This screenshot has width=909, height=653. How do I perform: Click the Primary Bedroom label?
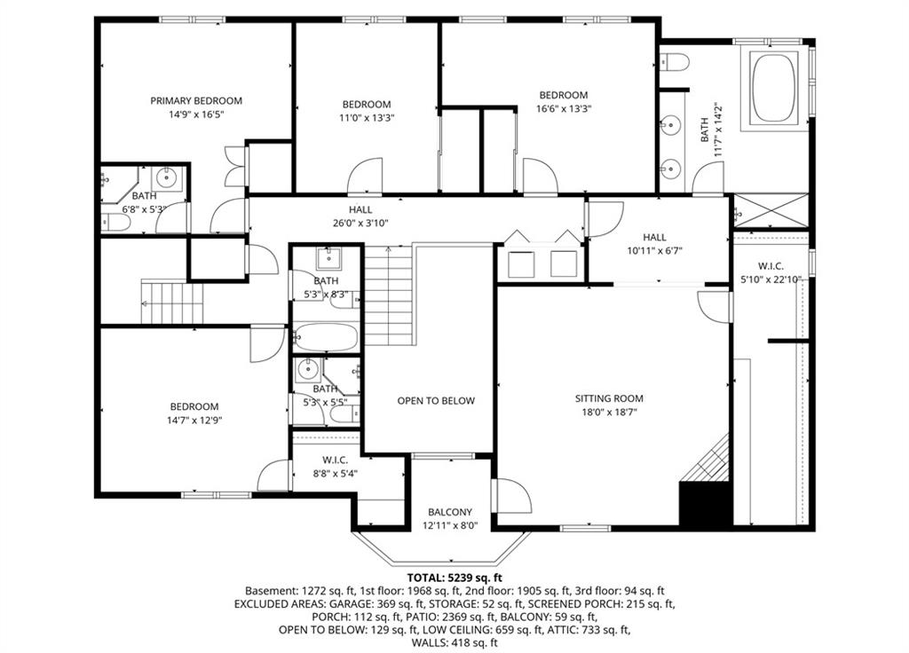pos(196,101)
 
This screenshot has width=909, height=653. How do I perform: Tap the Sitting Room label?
pos(609,398)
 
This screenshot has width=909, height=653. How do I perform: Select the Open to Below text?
pos(436,401)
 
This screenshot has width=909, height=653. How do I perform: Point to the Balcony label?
pos(450,512)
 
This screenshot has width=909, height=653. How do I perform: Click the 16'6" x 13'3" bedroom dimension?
pos(564,108)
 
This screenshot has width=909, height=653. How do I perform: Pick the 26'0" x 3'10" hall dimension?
pos(360,223)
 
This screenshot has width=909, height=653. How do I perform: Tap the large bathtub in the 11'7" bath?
pos(774,88)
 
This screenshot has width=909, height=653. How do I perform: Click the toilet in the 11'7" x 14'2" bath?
pos(674,61)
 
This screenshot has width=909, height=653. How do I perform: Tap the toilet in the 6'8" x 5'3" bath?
pos(115,222)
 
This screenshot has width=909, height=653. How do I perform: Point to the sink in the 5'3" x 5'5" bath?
pos(307,368)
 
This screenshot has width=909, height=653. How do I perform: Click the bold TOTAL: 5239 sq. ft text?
pos(454,578)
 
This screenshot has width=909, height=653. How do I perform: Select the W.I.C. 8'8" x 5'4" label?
pos(335,467)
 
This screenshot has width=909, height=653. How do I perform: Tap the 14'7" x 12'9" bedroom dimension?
pos(194,420)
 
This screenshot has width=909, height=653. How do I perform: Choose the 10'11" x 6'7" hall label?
pos(654,244)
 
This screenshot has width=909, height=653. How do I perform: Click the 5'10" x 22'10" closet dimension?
pos(771,279)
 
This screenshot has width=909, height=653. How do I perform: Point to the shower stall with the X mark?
pos(771,211)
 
